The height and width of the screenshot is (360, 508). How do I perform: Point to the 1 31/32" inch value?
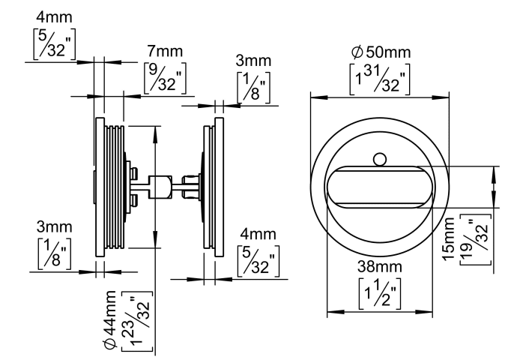(x=381, y=78)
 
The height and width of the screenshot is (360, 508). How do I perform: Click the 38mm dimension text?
(x=381, y=265)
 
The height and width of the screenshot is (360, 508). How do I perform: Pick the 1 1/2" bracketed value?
(x=381, y=291)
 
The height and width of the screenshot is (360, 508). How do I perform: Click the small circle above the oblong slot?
(x=380, y=158)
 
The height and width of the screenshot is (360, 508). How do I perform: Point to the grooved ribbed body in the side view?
(x=113, y=185)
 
